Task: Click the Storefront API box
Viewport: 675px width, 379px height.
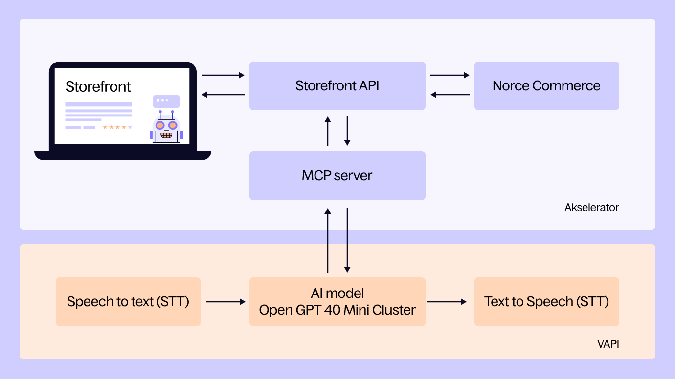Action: click(337, 86)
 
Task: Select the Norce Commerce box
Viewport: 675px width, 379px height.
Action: click(546, 86)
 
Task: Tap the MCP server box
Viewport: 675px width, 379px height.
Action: click(337, 176)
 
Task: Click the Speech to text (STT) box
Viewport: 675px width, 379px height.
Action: click(128, 302)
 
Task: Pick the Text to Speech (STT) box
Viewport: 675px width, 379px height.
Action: click(546, 302)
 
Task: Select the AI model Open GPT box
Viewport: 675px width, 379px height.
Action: click(337, 302)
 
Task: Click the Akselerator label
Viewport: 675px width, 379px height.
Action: click(591, 208)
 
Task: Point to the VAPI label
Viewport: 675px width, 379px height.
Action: click(608, 344)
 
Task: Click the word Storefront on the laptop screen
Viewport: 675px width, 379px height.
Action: click(98, 87)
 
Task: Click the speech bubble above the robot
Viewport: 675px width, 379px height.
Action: click(166, 101)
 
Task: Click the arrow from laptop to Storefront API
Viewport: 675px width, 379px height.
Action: click(223, 75)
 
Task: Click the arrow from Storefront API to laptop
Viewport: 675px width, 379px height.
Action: click(223, 95)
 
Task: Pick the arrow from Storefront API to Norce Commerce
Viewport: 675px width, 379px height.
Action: click(450, 75)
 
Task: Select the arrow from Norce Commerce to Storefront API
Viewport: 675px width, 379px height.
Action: click(450, 95)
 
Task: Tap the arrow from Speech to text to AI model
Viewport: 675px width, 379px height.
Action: click(225, 302)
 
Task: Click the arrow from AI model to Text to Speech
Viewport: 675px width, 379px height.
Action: click(447, 302)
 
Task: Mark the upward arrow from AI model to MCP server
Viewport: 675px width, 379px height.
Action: click(328, 240)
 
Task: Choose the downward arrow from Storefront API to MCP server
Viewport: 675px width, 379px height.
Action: click(347, 130)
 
